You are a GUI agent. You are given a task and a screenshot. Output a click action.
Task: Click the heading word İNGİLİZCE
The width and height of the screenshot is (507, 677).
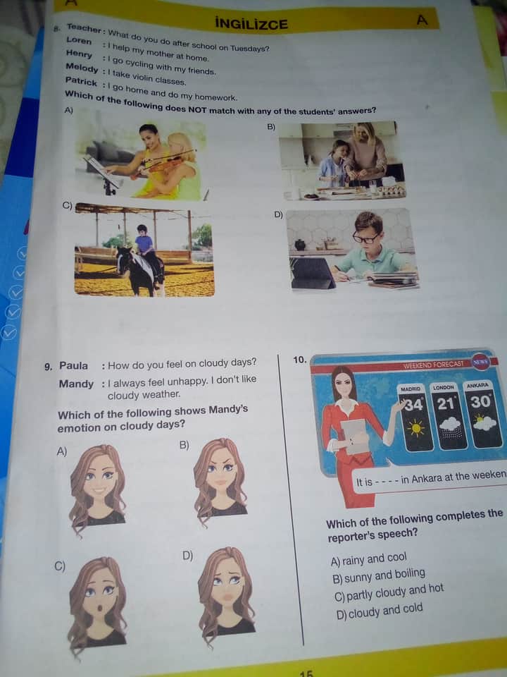[x=251, y=23]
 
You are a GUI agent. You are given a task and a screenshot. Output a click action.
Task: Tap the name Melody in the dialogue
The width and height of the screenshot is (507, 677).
[x=82, y=68]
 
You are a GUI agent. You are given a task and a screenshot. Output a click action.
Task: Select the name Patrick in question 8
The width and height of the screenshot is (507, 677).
[x=81, y=80]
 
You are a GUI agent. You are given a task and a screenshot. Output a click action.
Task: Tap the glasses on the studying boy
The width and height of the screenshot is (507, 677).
[x=366, y=238]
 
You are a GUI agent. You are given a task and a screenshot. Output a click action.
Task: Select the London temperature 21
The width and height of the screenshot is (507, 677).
[x=446, y=403]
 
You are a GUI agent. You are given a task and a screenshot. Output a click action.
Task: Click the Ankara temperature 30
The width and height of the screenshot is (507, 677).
[x=480, y=401]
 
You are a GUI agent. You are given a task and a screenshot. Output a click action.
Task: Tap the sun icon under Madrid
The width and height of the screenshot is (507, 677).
[x=415, y=428]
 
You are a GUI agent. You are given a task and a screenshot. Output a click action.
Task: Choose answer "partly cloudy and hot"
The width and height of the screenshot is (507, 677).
[x=389, y=592]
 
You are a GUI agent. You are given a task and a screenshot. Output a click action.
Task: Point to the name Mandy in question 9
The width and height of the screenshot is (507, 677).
[x=76, y=384]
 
